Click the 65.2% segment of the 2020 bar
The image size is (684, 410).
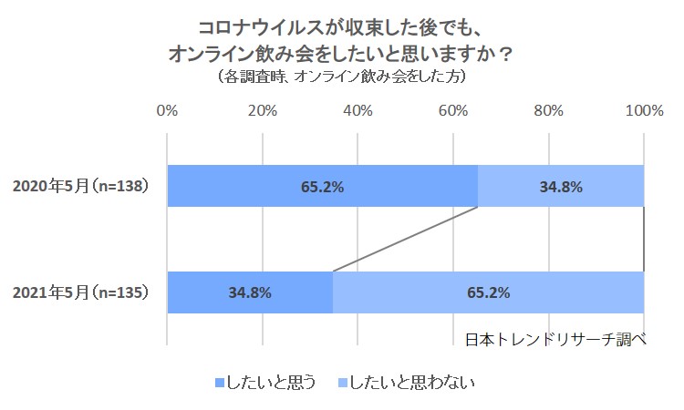(x=322, y=187)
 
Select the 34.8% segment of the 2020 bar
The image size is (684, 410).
(x=561, y=187)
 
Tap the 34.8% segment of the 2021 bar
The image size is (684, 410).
(x=249, y=293)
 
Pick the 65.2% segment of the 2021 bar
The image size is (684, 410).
(x=488, y=293)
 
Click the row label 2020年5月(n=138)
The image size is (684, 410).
(x=80, y=187)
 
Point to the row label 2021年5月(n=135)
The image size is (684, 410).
(x=80, y=293)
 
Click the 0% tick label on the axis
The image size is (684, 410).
(x=167, y=111)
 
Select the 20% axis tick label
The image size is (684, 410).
(x=263, y=111)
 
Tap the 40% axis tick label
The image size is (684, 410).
(x=358, y=111)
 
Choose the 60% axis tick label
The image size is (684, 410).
(x=453, y=111)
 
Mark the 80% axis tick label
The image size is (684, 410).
(x=548, y=111)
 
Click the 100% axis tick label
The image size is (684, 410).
(x=644, y=111)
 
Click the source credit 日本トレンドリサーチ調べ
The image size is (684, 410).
(x=555, y=339)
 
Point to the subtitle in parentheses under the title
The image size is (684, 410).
(x=342, y=77)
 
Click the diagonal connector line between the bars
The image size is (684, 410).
(x=406, y=240)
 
